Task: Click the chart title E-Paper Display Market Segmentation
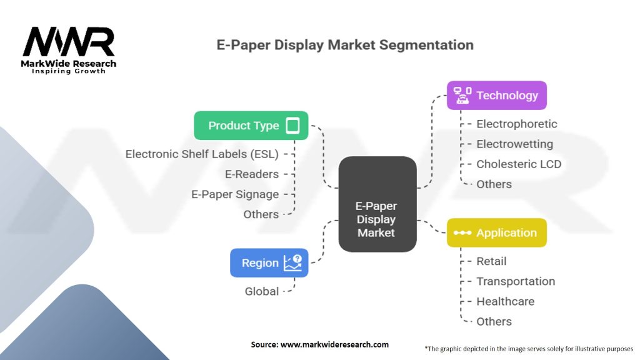344,45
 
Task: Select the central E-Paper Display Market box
376,204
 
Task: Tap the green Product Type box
251,126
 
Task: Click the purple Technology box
496,96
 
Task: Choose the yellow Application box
496,233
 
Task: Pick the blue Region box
269,263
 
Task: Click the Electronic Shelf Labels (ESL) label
202,154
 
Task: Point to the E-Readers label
252,174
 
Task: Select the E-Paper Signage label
235,194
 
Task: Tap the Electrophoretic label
516,124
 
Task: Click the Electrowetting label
514,144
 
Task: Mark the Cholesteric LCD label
519,164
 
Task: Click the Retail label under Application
491,261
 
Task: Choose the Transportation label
516,281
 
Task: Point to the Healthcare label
505,301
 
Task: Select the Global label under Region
262,291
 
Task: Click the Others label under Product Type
261,214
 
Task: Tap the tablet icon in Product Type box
292,126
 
